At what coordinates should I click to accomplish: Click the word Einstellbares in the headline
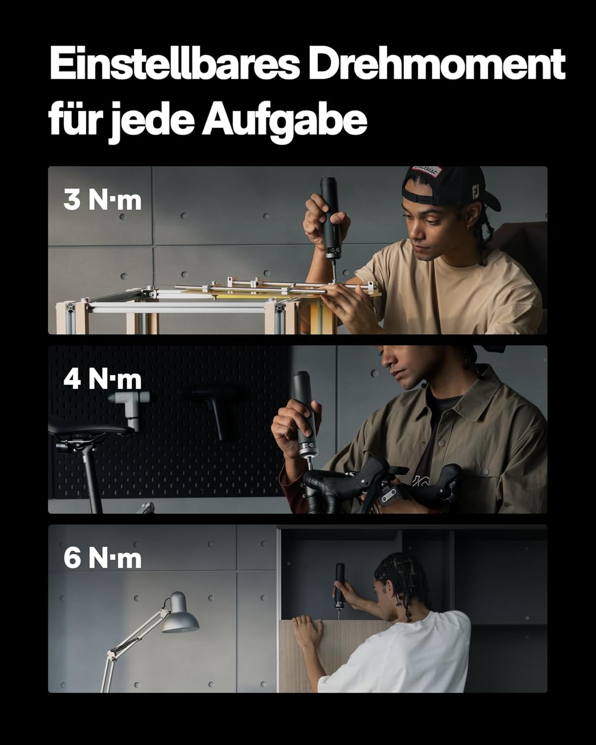pyautogui.click(x=174, y=64)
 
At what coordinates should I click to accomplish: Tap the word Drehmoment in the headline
pyautogui.click(x=437, y=64)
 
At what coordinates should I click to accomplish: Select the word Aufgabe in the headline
pyautogui.click(x=284, y=119)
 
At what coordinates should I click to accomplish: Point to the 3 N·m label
pyautogui.click(x=102, y=200)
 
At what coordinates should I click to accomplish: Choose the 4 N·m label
pyautogui.click(x=102, y=379)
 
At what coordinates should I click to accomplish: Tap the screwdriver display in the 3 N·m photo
pyautogui.click(x=334, y=250)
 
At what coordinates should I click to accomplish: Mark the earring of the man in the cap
pyautogui.click(x=468, y=227)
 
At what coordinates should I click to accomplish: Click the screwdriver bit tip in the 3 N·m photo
pyautogui.click(x=334, y=280)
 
